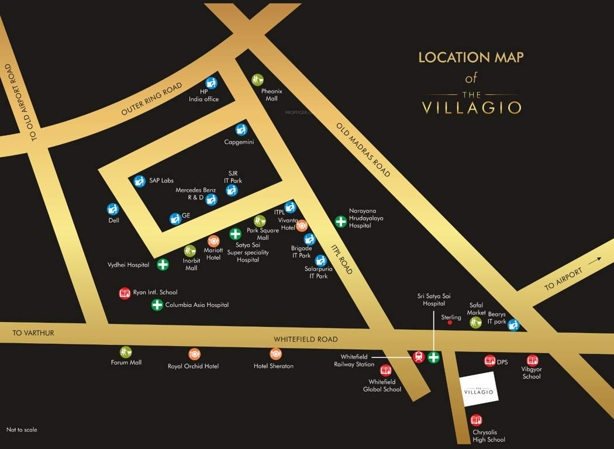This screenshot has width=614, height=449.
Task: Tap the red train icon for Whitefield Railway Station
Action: click(419, 357)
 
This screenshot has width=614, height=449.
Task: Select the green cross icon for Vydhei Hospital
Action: click(163, 264)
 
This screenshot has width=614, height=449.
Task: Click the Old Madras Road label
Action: click(363, 150)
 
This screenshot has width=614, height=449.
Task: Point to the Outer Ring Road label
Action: click(152, 99)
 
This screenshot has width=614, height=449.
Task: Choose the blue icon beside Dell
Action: click(113, 209)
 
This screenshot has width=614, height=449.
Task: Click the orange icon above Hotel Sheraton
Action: click(276, 354)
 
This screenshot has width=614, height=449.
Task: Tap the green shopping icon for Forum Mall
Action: click(126, 352)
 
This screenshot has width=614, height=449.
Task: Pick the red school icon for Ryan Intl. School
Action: click(125, 293)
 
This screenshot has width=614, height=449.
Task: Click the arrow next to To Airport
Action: click(595, 261)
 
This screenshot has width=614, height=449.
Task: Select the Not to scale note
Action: click(22, 430)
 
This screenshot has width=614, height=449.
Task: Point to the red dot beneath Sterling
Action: click(450, 322)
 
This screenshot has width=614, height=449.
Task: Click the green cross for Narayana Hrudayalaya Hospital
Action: click(340, 221)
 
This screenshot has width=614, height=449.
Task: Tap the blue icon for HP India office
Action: click(211, 82)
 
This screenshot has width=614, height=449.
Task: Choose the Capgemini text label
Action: click(239, 142)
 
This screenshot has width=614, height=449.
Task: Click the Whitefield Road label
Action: click(306, 340)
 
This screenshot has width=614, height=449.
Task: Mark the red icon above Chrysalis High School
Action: click(477, 420)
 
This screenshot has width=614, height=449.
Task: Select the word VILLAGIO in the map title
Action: click(471, 108)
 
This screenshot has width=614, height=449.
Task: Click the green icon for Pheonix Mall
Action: click(258, 79)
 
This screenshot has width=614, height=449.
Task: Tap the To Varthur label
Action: click(33, 333)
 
